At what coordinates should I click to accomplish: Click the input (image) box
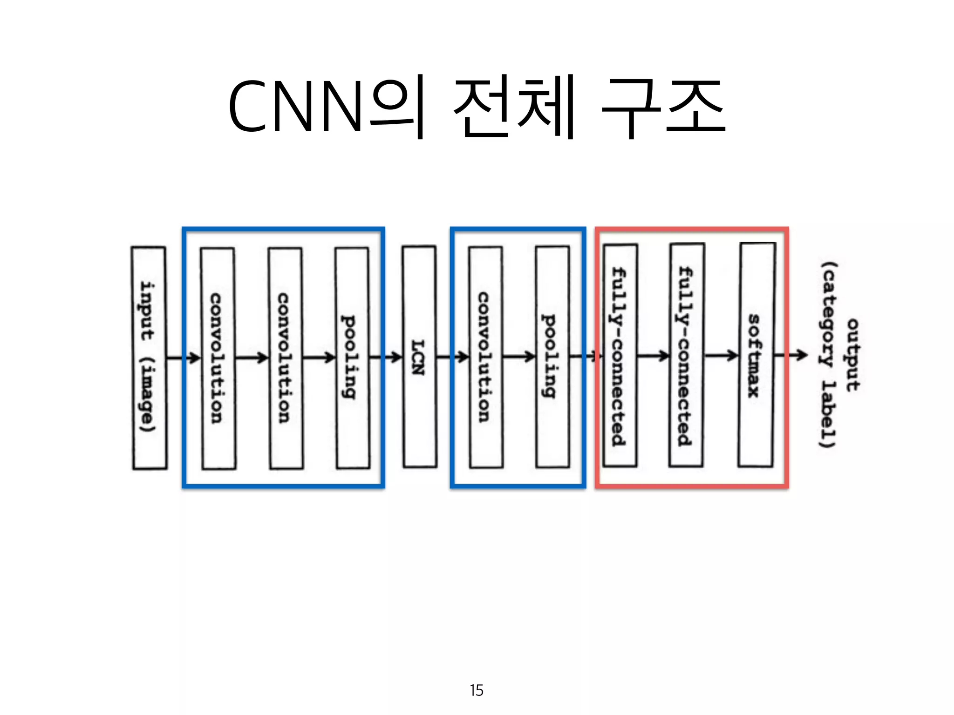coord(149,357)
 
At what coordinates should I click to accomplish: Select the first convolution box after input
coord(218,357)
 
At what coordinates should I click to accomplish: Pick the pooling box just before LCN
coord(352,357)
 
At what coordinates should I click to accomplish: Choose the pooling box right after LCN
coord(552,357)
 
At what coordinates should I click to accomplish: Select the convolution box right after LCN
coord(486,357)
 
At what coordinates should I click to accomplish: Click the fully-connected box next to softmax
coord(687,355)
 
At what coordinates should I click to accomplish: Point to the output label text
coord(853,355)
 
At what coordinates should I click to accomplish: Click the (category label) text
coord(828,355)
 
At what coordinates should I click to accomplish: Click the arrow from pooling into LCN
coord(386,357)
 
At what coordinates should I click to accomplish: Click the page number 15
coord(477,690)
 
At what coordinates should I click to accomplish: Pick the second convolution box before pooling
coord(286,357)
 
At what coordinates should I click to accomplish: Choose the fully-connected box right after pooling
coord(620,356)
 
